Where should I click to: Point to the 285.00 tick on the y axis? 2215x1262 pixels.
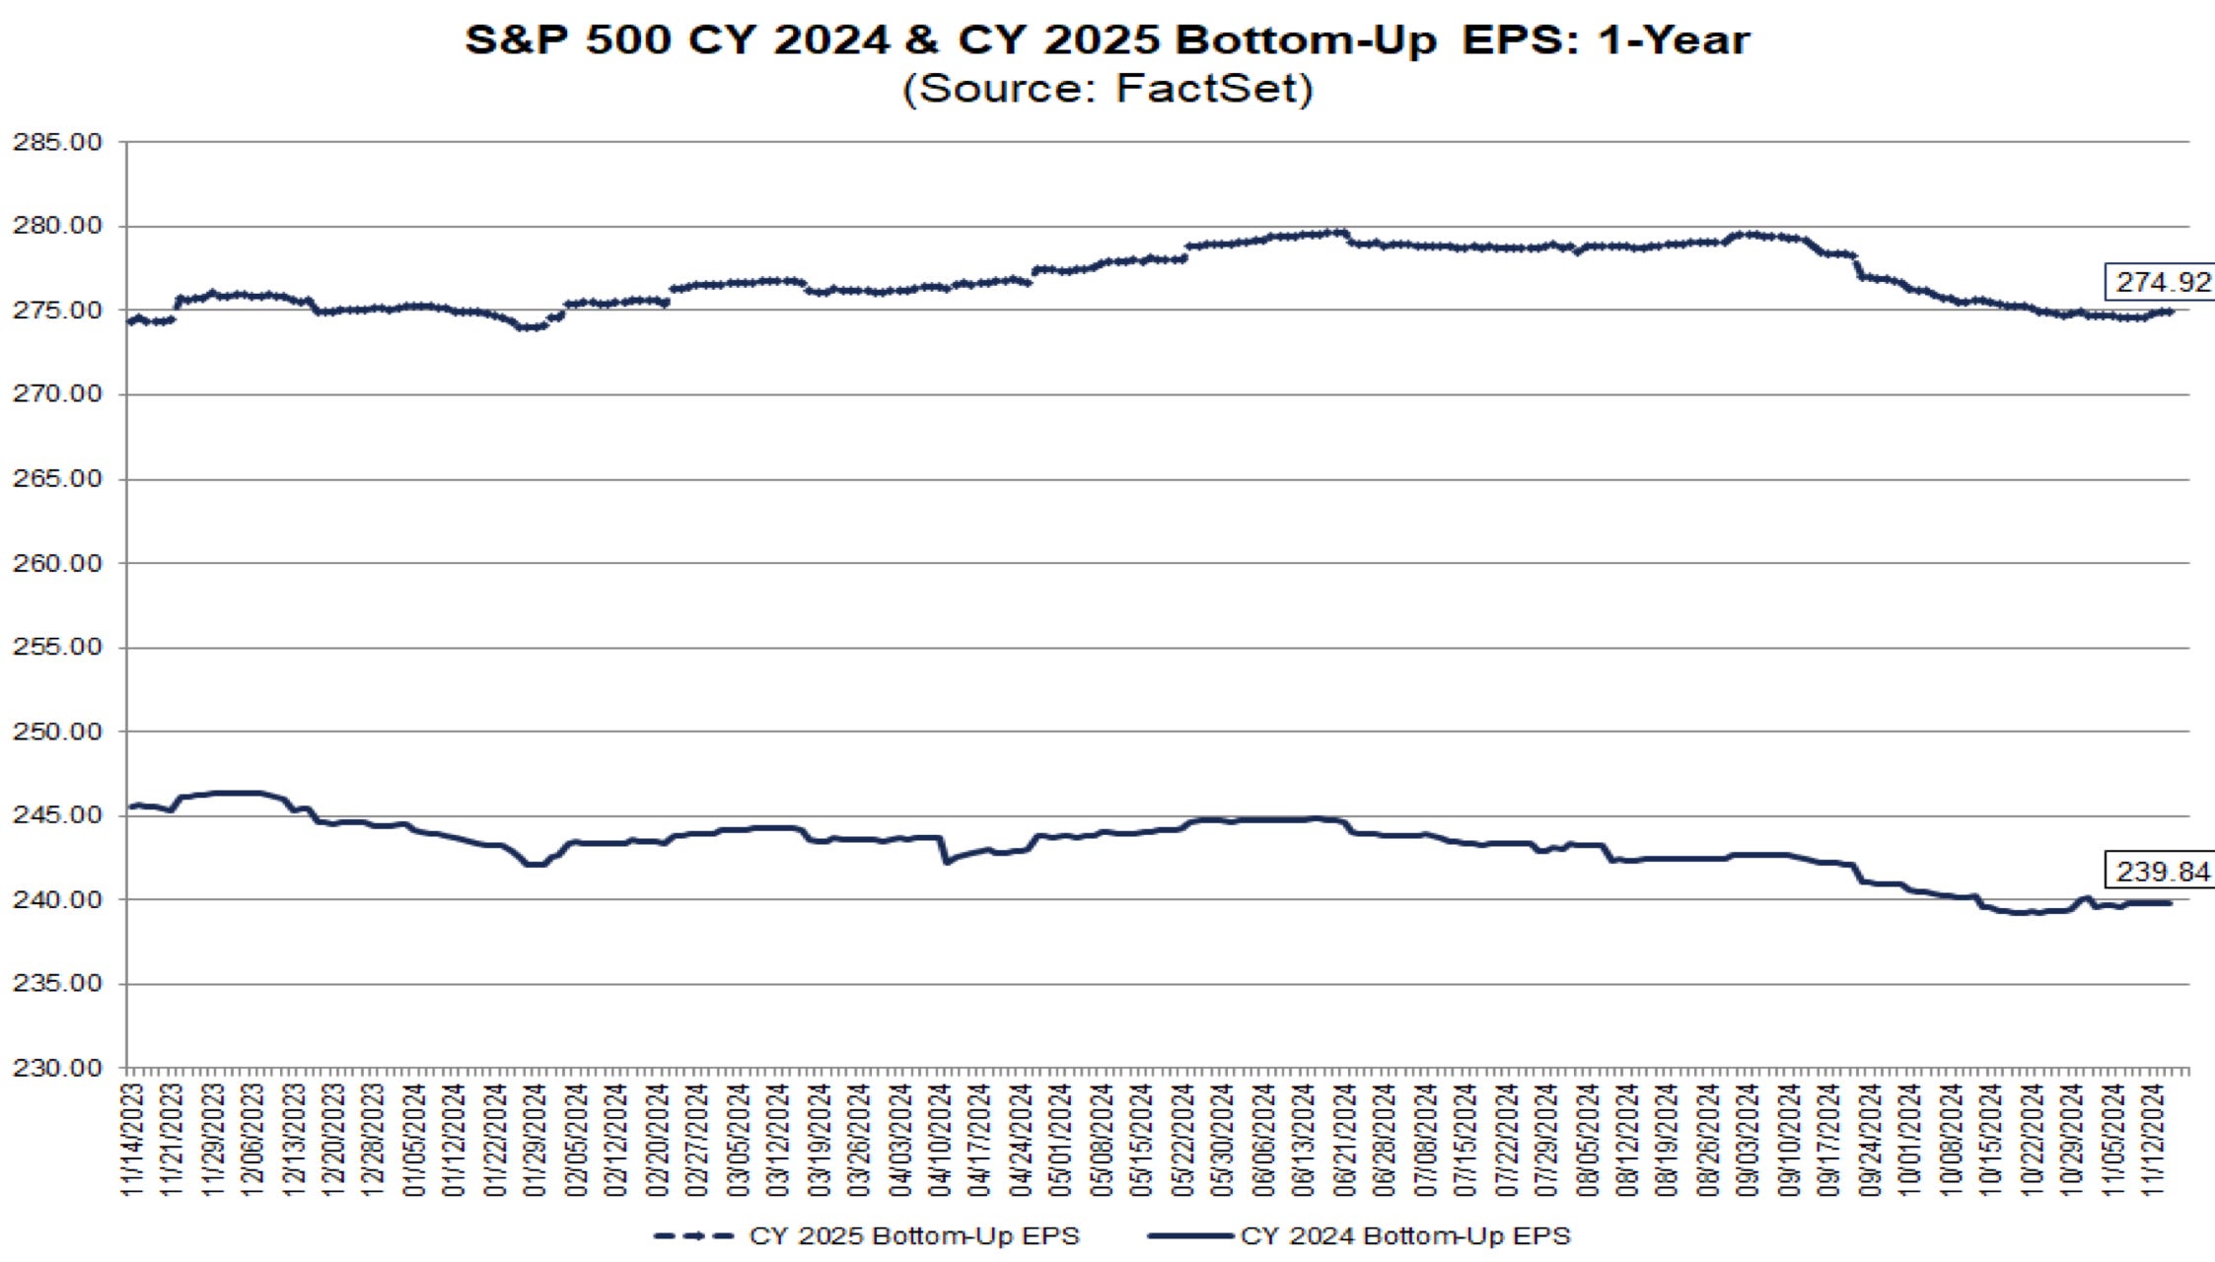pos(57,142)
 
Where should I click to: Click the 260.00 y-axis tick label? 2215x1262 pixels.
pos(57,563)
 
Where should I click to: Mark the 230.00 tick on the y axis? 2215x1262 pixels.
pos(57,1068)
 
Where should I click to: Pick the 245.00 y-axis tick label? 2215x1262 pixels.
pos(57,815)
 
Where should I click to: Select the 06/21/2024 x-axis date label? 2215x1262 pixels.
pos(1343,1140)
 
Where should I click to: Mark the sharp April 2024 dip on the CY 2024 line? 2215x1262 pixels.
pos(946,863)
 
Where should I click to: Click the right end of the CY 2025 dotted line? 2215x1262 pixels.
pos(2170,312)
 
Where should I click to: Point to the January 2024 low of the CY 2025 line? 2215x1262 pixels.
pos(530,326)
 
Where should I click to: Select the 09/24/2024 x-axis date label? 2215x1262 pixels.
pos(1868,1140)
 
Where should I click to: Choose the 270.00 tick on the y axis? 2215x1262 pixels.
pos(57,394)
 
